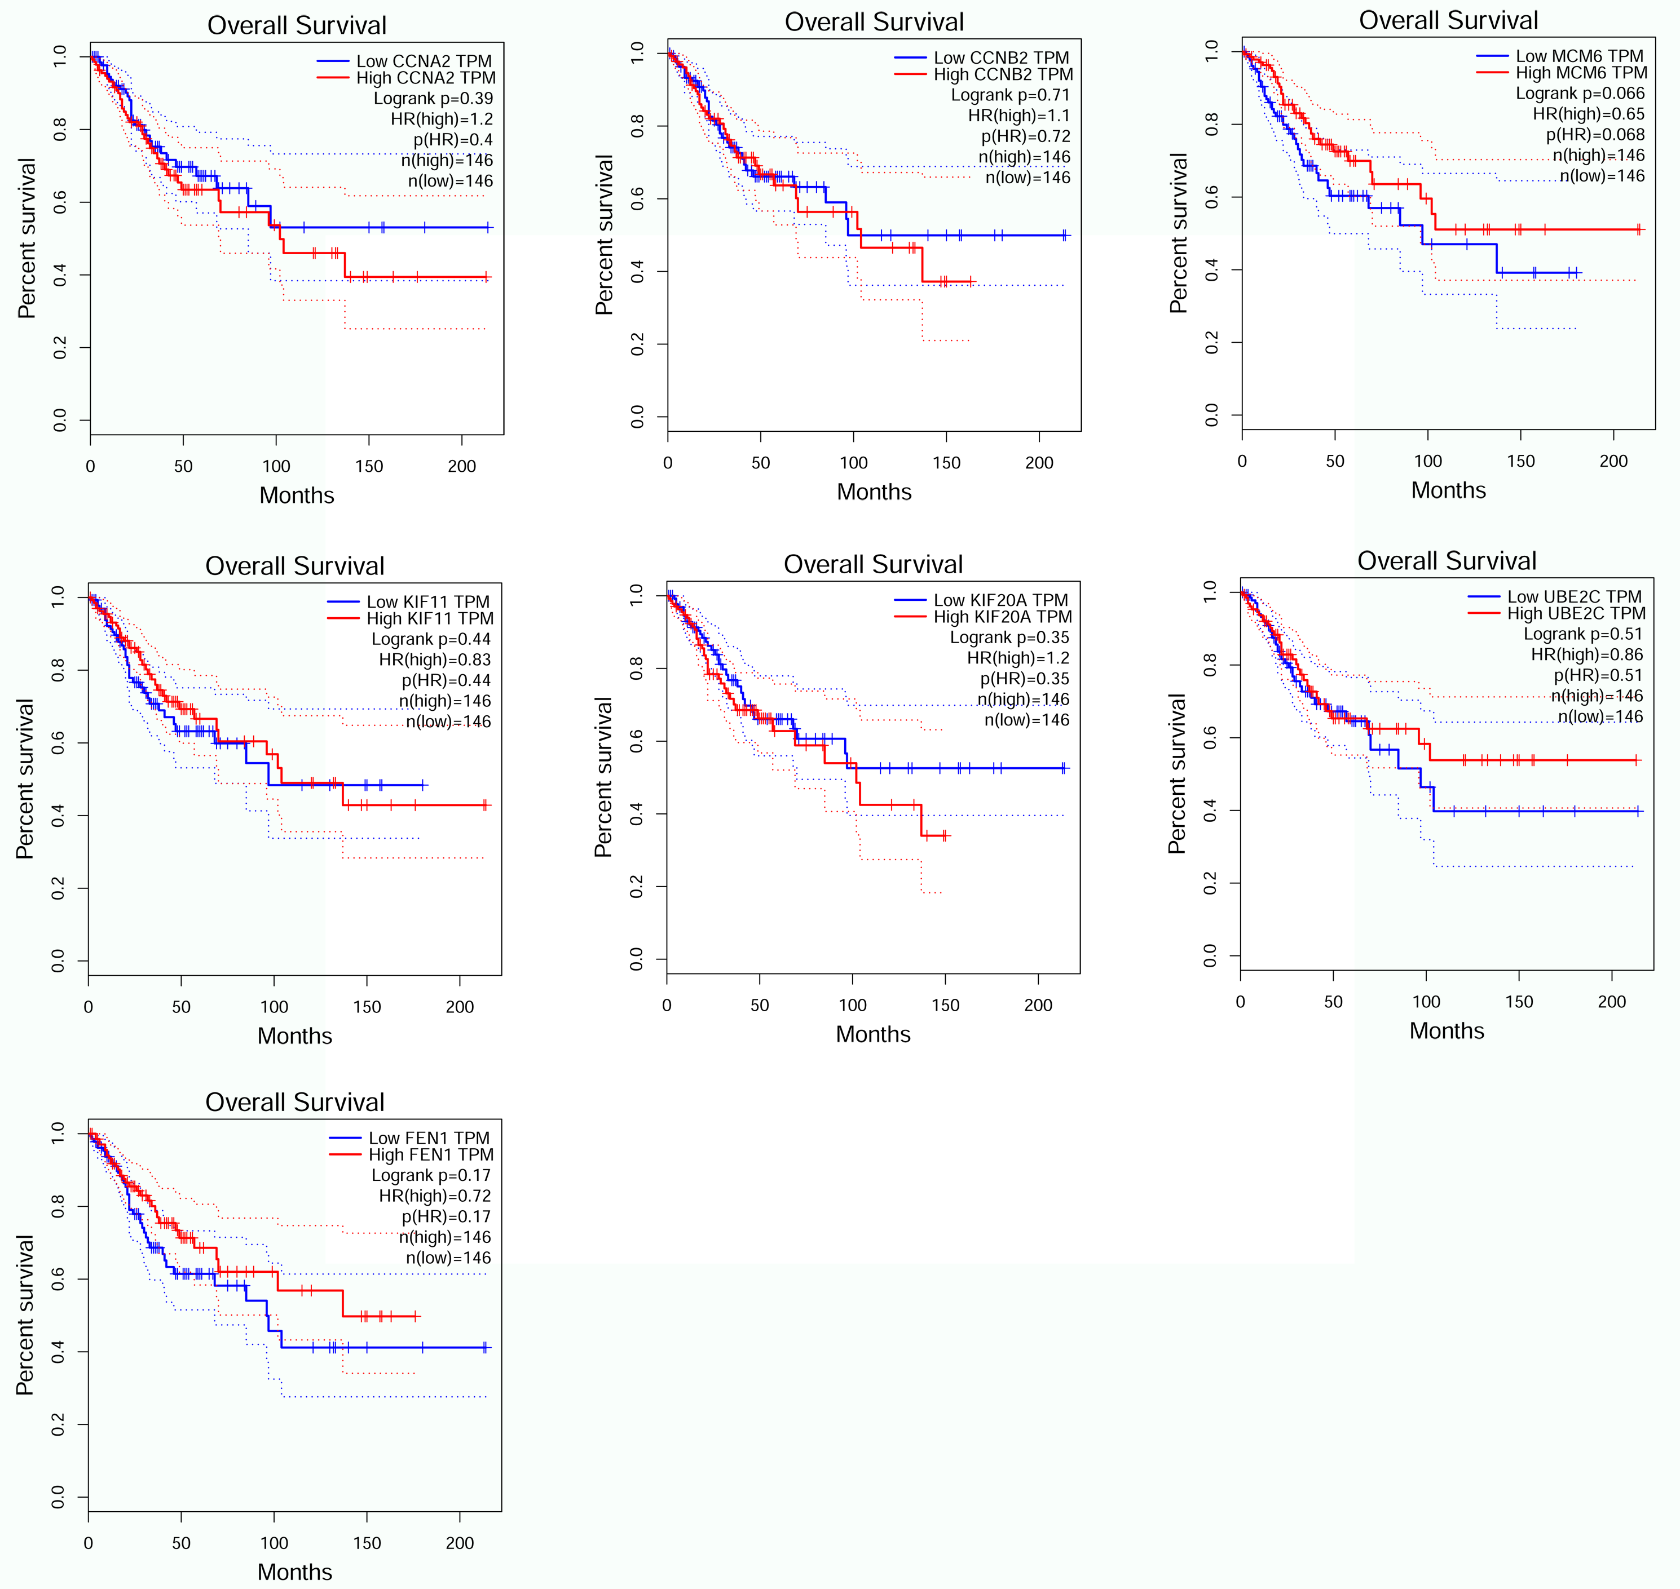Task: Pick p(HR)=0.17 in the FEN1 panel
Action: pyautogui.click(x=446, y=1216)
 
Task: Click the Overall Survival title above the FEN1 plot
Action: pyautogui.click(x=295, y=1102)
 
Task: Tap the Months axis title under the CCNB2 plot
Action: pyautogui.click(x=874, y=492)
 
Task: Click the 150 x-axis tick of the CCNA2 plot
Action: pyautogui.click(x=368, y=466)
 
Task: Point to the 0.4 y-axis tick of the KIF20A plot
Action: pyautogui.click(x=636, y=814)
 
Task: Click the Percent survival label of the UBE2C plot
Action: pyautogui.click(x=1177, y=773)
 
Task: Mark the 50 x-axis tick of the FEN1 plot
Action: pyautogui.click(x=181, y=1542)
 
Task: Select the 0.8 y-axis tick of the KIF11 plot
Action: pyautogui.click(x=58, y=671)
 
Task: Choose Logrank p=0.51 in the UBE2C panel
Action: pyautogui.click(x=1582, y=634)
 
